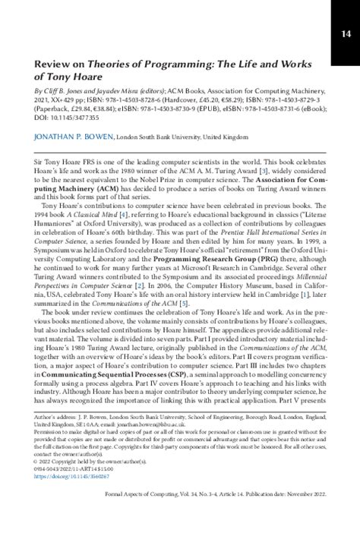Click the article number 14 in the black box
tap(346, 33)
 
